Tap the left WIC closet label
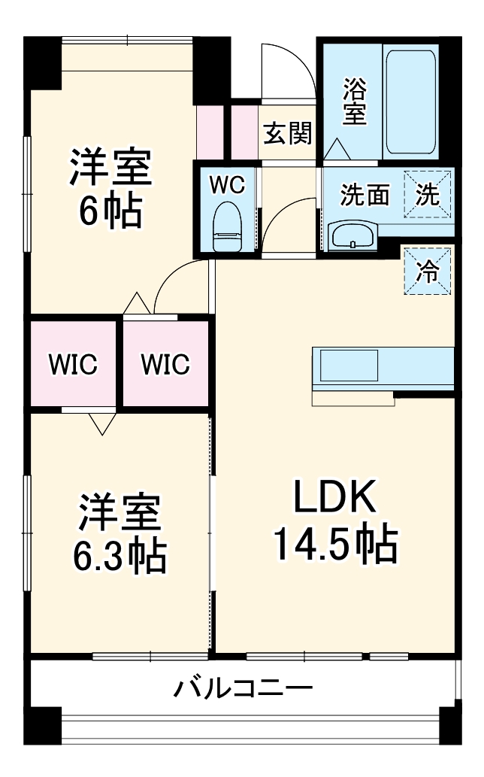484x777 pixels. click(73, 365)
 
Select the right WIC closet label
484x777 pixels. click(166, 365)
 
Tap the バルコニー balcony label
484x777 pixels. click(243, 687)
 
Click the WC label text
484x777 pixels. click(225, 184)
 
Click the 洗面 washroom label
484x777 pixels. click(365, 196)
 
